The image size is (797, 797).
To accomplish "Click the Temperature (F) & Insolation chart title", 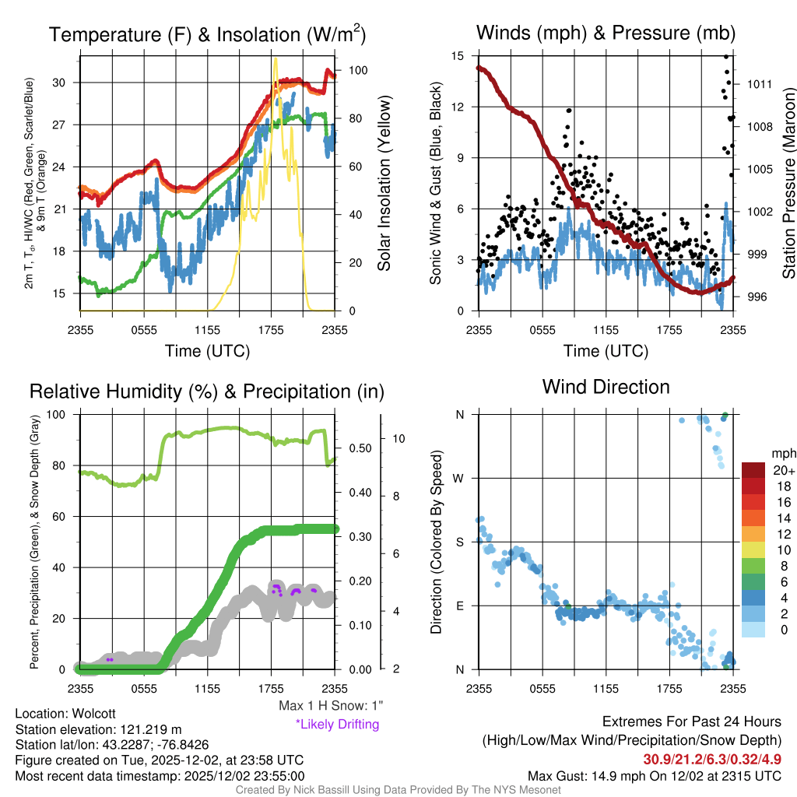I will click(x=207, y=34).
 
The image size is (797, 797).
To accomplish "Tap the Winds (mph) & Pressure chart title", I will click(x=606, y=33).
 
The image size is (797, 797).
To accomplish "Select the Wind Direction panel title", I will click(x=606, y=387).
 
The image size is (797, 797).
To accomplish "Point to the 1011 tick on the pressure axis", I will click(x=759, y=84).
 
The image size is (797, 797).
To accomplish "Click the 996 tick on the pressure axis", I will click(x=756, y=297).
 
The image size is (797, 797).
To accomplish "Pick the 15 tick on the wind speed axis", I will click(x=458, y=56).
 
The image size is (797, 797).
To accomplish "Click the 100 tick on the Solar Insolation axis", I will click(x=358, y=70).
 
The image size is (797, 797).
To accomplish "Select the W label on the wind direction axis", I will click(x=459, y=478).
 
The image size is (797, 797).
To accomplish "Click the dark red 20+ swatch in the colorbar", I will click(x=756, y=470).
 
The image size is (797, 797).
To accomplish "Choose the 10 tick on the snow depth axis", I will click(x=398, y=438).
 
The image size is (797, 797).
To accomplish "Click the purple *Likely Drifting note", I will click(x=337, y=725).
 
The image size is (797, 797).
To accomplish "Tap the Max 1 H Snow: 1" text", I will click(x=331, y=706).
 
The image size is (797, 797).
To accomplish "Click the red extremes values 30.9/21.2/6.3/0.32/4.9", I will click(x=711, y=759).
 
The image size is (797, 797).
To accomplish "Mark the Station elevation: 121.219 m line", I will click(x=98, y=729).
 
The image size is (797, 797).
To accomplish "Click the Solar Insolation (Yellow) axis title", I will click(x=384, y=183).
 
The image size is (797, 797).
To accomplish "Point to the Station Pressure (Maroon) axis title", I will click(x=788, y=183).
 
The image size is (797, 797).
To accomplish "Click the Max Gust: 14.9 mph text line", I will click(x=654, y=775).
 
